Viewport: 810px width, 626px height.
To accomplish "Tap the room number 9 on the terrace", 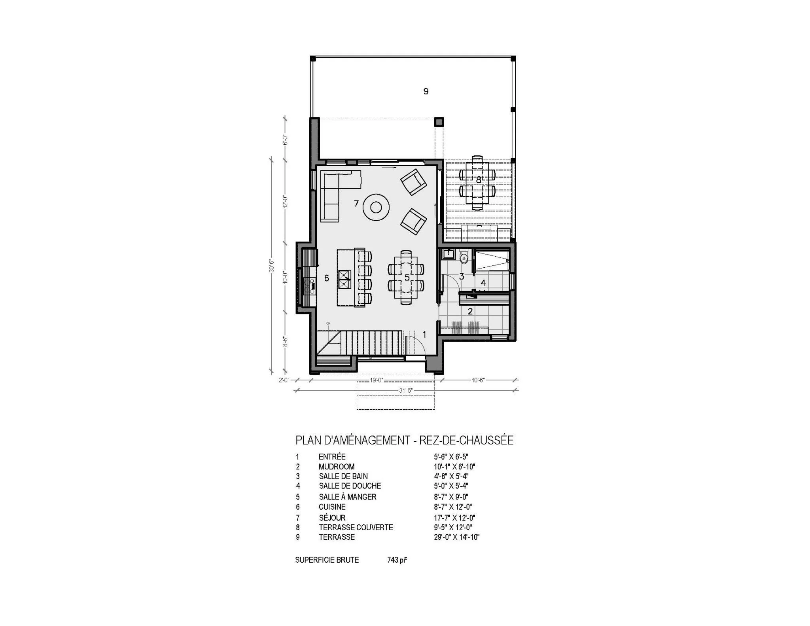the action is point(426,91).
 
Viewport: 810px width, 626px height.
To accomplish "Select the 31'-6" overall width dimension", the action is point(406,390).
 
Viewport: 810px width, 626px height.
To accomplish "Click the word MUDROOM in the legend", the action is point(337,467).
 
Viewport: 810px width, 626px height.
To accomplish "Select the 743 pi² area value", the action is point(397,560).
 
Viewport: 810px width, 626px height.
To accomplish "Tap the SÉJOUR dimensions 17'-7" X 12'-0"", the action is point(454,518).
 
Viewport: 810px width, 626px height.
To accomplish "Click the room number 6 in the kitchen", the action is point(326,278).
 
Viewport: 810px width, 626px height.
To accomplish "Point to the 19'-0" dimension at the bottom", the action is point(376,380).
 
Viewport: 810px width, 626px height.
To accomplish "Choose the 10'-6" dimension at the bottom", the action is point(478,380).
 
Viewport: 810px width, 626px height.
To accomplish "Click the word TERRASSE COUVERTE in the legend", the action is point(356,528).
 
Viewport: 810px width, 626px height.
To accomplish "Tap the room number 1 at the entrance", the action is point(424,335).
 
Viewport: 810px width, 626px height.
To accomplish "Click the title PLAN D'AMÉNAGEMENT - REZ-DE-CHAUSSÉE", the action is point(404,440).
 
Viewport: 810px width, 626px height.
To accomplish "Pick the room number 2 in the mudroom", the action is point(470,312).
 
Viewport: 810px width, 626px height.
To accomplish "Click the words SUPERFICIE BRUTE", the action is point(327,560).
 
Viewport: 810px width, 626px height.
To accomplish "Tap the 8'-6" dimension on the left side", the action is point(284,341).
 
